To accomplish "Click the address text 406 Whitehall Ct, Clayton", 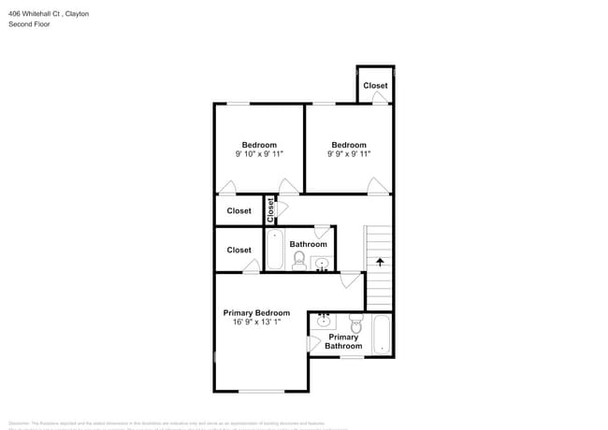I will coord(49,13).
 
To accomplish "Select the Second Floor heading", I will coord(30,24).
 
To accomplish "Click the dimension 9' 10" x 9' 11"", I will coord(259,155).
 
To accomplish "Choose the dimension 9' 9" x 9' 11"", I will coord(348,155).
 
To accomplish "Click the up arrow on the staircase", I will coord(380,262).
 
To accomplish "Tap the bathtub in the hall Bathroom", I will coord(275,250).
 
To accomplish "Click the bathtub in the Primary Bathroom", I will coord(382,336).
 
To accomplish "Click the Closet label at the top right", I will coord(375,86).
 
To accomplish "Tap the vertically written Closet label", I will coord(270,210).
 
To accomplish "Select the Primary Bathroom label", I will coord(343,341).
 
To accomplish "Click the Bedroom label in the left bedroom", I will coord(259,145).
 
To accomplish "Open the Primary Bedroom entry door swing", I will coord(351,279).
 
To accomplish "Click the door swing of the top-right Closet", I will coord(380,97).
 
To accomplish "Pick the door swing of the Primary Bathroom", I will coord(313,344).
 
